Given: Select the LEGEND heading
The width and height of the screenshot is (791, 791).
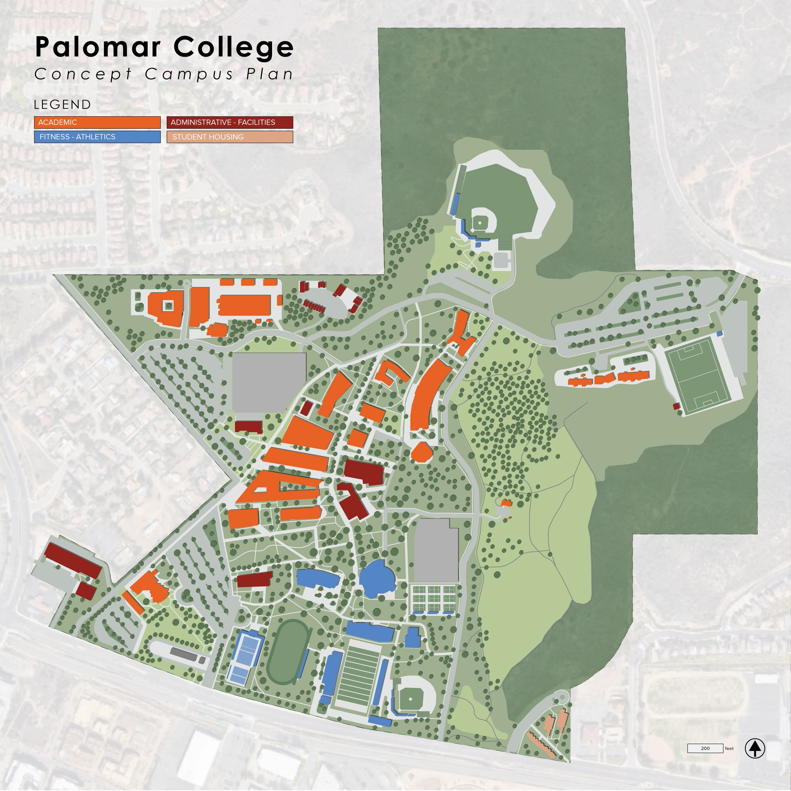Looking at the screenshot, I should point(62,105).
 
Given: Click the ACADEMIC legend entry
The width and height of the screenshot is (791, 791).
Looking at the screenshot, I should point(97,122).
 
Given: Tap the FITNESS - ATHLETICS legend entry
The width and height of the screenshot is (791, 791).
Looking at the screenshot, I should point(97,137).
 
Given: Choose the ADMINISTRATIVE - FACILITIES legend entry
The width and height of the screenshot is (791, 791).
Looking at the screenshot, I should point(230,122).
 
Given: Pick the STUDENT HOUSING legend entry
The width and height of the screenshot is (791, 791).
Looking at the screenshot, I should point(230,137).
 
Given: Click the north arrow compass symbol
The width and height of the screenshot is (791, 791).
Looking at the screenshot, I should point(755,748).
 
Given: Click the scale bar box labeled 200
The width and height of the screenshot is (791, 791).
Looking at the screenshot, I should point(705,748).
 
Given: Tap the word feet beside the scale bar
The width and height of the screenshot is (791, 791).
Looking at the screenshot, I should point(729,748).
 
